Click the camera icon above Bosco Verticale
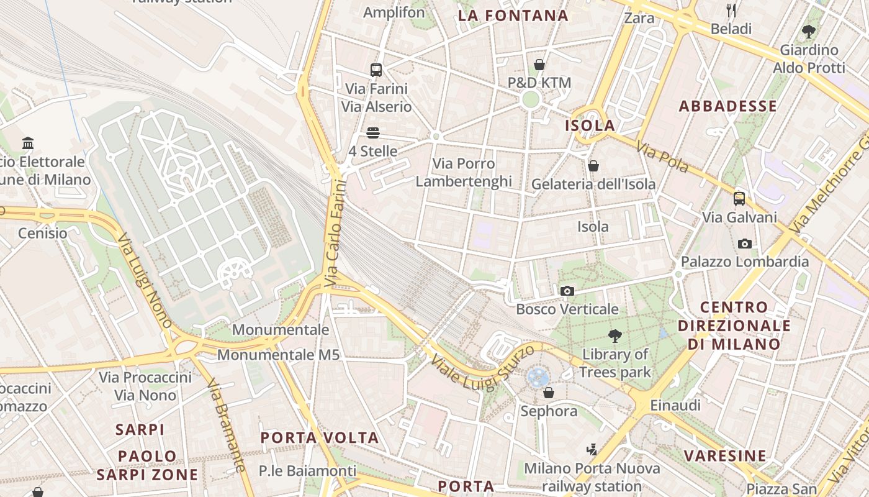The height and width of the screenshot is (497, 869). coord(567,291)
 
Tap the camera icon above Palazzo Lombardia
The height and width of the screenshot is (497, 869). coord(745,244)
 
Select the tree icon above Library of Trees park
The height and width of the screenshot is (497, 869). coord(615,336)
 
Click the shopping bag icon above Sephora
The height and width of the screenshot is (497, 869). coord(549,393)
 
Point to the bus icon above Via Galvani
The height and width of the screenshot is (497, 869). coord(739,199)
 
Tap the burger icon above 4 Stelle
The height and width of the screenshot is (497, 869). coord(373,133)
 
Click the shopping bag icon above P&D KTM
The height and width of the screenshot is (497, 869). coord(539,65)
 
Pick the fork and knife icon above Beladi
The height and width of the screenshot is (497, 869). coord(731,10)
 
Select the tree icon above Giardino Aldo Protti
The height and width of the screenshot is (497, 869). coord(809,31)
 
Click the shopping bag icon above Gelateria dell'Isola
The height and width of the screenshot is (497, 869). coord(593,166)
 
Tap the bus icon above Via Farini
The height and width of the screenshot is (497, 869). coord(376,70)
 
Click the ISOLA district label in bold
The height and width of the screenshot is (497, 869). coord(590,125)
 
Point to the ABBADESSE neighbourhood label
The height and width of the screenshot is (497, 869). coord(727,106)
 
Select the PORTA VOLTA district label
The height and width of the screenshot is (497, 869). coord(320,437)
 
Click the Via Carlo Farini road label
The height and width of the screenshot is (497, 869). coord(335,233)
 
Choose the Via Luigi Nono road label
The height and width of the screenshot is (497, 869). coord(145,280)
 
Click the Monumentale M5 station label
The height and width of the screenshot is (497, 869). coord(278,355)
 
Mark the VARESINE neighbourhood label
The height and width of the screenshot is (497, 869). coord(725,456)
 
